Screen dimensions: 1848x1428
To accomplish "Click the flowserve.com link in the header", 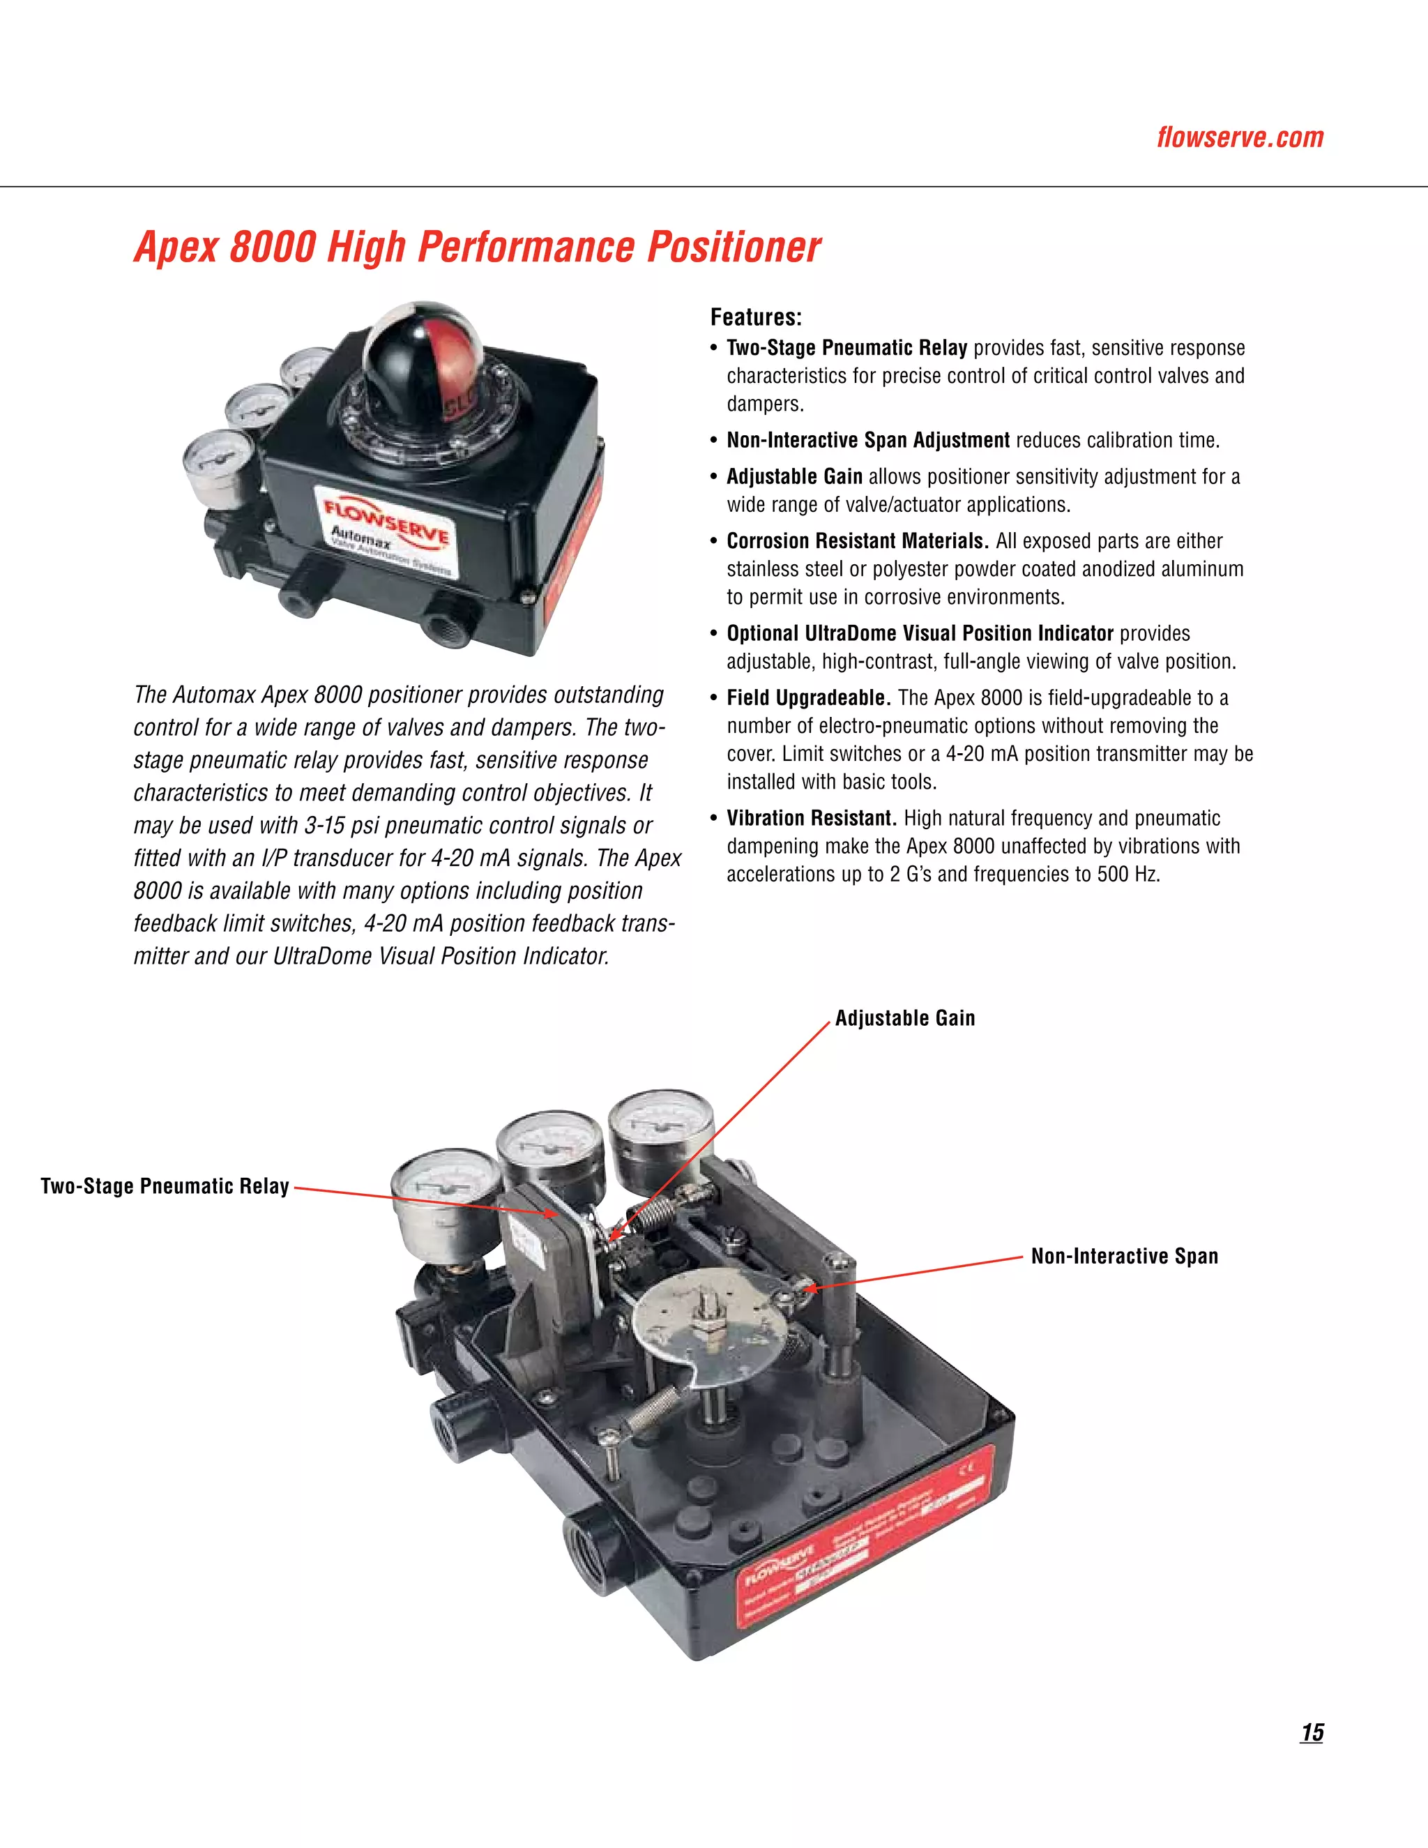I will point(1239,137).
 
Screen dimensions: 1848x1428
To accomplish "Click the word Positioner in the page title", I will point(734,247).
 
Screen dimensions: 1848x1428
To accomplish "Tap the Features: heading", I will point(755,317).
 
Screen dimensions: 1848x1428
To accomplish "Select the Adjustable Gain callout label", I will point(904,1018).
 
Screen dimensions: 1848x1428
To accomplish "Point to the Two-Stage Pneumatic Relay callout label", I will point(165,1186).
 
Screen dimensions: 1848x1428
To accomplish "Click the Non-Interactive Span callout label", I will point(1124,1256).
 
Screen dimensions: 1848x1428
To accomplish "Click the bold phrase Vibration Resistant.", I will point(810,818).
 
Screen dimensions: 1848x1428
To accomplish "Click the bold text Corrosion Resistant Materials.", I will point(857,540).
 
